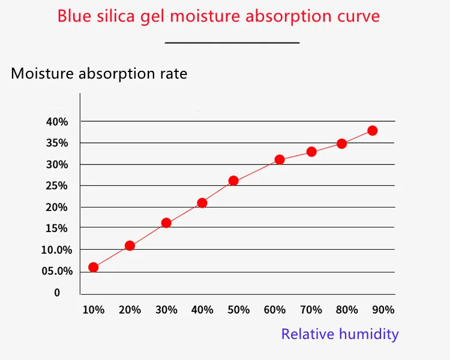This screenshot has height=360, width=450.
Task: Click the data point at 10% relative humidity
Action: [x=93, y=267]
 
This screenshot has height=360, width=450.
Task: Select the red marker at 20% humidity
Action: [x=130, y=245]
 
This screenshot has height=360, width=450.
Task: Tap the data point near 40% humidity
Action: [x=202, y=203]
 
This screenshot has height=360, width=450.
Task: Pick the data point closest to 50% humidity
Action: [x=233, y=181]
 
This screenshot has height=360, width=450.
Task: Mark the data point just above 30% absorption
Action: [x=280, y=160]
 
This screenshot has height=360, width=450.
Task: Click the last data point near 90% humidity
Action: [x=373, y=130]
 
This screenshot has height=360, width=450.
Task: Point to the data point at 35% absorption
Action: [x=342, y=143]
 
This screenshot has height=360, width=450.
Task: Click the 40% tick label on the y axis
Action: [x=57, y=122]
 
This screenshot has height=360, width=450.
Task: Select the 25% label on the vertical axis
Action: [x=57, y=186]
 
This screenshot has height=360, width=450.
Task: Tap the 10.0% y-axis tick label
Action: [x=56, y=250]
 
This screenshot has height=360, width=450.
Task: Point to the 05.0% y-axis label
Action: [x=56, y=271]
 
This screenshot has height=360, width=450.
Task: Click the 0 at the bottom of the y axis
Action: [x=58, y=293]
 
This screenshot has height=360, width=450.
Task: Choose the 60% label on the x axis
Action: [x=275, y=310]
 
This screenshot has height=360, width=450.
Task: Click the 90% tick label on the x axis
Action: [x=383, y=310]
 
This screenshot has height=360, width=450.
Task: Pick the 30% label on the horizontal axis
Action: [x=166, y=310]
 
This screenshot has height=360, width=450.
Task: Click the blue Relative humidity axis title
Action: [x=340, y=334]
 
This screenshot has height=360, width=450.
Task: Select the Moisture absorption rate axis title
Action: [x=99, y=74]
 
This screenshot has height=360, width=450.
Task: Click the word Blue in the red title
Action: [x=74, y=16]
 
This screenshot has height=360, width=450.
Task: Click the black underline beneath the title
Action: [x=232, y=43]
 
